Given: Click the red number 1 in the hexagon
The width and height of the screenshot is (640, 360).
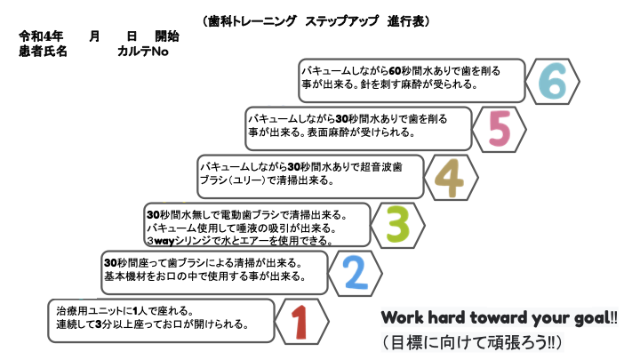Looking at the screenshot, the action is [300, 322].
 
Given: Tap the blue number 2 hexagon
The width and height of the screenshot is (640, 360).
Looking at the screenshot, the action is [355, 274].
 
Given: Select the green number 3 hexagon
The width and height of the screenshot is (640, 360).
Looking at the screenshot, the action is [398, 225].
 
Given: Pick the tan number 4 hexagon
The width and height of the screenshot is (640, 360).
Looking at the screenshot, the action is [451, 178].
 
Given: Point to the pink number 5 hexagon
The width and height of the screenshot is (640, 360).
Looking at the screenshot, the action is [500, 130].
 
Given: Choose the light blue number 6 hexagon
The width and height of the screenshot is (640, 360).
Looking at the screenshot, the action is [553, 81].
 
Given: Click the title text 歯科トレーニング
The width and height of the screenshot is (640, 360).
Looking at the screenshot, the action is [252, 21].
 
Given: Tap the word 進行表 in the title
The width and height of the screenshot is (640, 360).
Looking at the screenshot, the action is [405, 21].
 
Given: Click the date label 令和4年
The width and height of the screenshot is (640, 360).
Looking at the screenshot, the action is [41, 36].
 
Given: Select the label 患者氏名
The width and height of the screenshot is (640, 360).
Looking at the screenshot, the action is [43, 52].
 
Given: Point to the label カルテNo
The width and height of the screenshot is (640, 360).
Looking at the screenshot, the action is [143, 52].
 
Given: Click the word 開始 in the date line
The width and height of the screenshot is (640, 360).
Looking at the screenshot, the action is [167, 36].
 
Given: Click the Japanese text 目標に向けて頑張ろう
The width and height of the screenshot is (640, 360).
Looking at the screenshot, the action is [469, 342].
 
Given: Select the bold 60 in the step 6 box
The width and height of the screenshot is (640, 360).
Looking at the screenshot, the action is [395, 71].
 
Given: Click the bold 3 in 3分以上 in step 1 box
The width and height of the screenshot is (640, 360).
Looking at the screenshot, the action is [98, 324].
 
